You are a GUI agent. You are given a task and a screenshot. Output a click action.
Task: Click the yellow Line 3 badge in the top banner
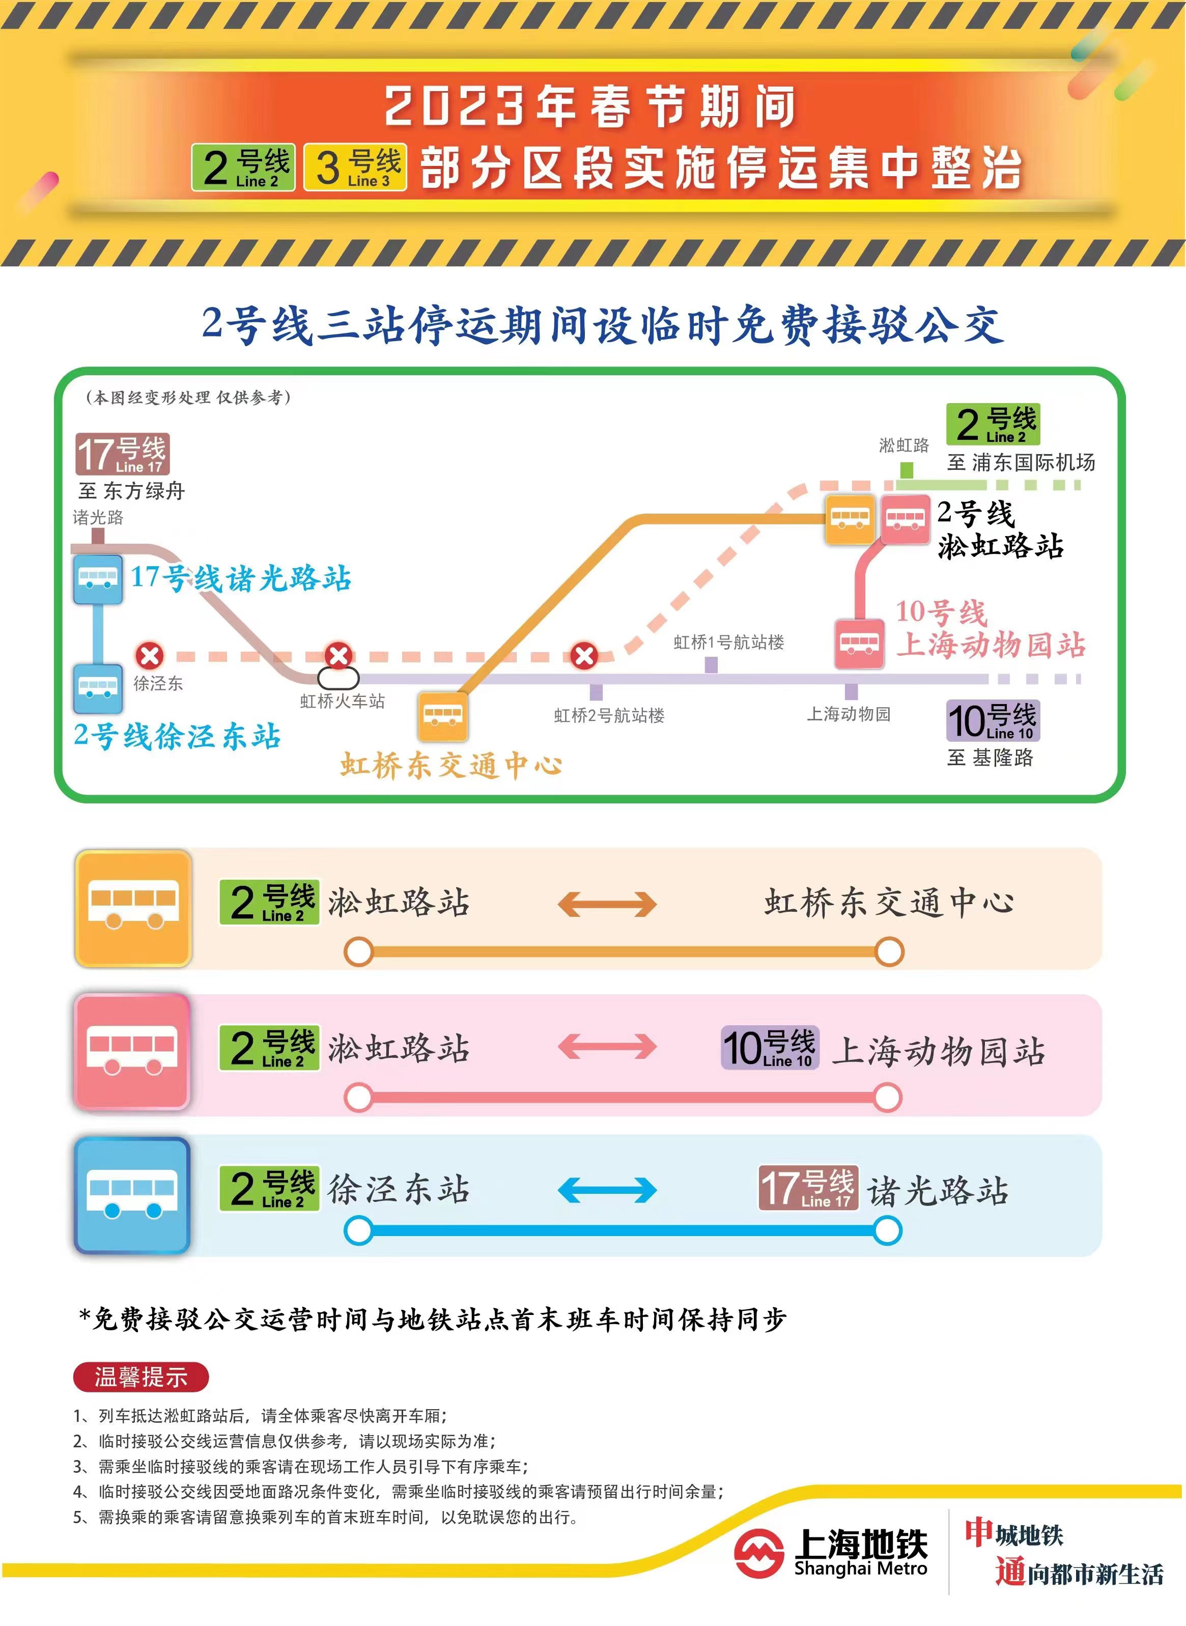[x=355, y=167]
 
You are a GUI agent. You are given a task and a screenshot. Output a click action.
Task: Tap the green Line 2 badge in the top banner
[x=243, y=167]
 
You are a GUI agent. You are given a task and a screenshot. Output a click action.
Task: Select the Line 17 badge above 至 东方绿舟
[x=123, y=454]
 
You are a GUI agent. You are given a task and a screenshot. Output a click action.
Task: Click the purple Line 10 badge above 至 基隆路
[x=993, y=720]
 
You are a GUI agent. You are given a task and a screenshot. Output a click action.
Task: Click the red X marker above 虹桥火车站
[x=338, y=655]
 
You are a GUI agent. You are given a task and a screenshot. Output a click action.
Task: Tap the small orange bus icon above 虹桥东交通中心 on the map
[x=442, y=715]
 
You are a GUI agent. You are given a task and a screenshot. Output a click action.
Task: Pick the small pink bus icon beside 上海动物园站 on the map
[x=859, y=643]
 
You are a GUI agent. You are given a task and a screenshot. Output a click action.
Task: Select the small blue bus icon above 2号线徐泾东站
[x=98, y=688]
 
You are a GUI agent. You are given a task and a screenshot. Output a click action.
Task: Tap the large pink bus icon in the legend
[x=132, y=1052]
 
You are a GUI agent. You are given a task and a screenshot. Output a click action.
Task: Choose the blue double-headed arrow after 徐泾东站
[x=607, y=1190]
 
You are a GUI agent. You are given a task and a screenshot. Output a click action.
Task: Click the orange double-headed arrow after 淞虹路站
[x=607, y=904]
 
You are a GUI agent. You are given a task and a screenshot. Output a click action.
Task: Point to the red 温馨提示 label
[x=140, y=1377]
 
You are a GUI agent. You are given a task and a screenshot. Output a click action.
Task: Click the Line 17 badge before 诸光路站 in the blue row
[x=808, y=1188]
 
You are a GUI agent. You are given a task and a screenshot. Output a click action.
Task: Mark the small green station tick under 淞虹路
[x=907, y=470]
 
